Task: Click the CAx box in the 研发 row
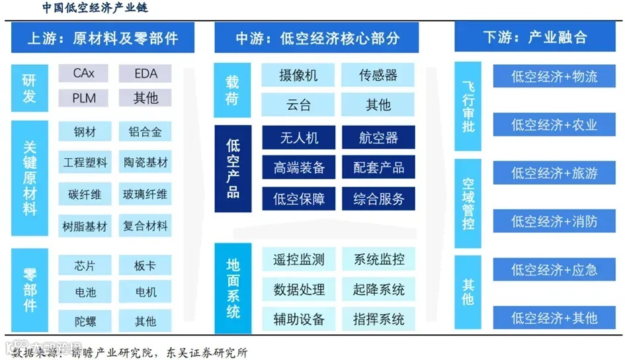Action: pyautogui.click(x=84, y=73)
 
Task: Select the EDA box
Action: pyautogui.click(x=146, y=73)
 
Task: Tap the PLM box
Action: pyautogui.click(x=84, y=98)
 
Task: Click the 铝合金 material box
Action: pyautogui.click(x=146, y=132)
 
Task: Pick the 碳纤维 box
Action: pyautogui.click(x=85, y=195)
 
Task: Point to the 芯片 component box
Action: pyautogui.click(x=85, y=266)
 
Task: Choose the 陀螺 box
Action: pyautogui.click(x=85, y=322)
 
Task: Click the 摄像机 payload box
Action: pyautogui.click(x=298, y=75)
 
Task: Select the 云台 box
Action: pyautogui.click(x=298, y=105)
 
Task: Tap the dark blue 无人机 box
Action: pyautogui.click(x=299, y=138)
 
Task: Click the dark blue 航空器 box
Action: pyautogui.click(x=378, y=138)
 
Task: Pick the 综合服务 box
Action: pyautogui.click(x=378, y=199)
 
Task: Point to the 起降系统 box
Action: pyautogui.click(x=378, y=289)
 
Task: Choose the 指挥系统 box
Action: pyautogui.click(x=378, y=319)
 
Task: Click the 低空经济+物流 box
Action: pyautogui.click(x=554, y=76)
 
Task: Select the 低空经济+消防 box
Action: pyautogui.click(x=554, y=222)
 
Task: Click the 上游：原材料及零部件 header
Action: pyautogui.click(x=103, y=38)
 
